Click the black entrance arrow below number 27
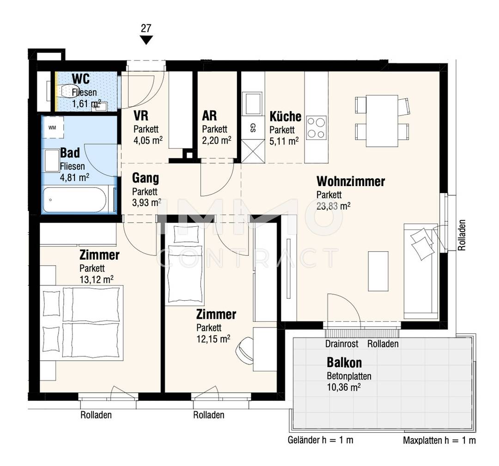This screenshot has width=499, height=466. [x=146, y=40]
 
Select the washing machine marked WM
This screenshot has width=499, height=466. [x=53, y=127]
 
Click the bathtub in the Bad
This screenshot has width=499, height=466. [x=74, y=200]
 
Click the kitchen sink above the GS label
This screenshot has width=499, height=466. [x=252, y=103]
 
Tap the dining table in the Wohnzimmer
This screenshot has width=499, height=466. [x=382, y=121]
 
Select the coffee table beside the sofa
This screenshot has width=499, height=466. [x=378, y=271]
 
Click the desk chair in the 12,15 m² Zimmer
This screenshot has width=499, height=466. [x=244, y=349]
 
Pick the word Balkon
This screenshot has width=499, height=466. [x=344, y=363]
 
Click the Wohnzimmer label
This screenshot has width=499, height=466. [x=351, y=182]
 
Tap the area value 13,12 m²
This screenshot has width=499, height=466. [x=97, y=279]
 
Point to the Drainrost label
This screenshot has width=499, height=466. [x=342, y=344]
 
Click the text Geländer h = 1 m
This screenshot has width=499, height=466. [x=321, y=440]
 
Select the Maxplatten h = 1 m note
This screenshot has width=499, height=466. [x=439, y=440]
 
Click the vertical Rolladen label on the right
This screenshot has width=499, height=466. [x=462, y=235]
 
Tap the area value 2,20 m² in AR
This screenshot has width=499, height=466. [x=217, y=140]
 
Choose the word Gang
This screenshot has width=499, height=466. [x=146, y=178]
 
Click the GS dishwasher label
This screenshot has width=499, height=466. [x=253, y=127]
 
